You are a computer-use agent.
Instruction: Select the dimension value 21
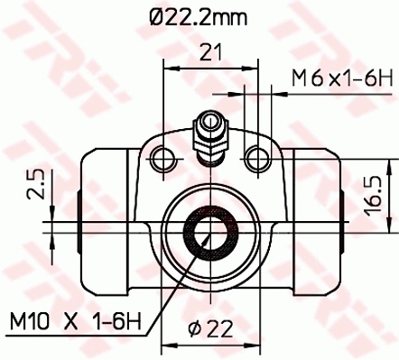[211, 54]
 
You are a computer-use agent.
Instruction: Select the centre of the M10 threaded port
[208, 233]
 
